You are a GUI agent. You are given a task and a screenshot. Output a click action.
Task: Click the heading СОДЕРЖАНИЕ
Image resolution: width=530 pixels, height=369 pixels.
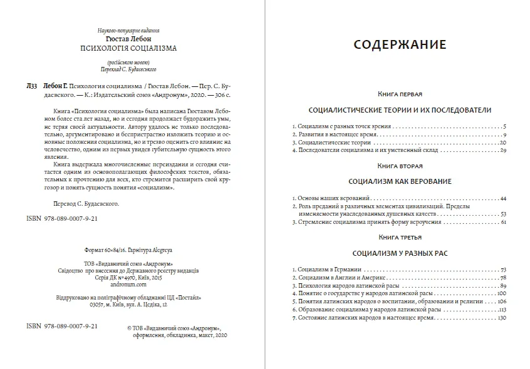[400, 44]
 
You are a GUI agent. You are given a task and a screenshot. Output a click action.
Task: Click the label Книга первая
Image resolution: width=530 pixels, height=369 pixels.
[400, 94]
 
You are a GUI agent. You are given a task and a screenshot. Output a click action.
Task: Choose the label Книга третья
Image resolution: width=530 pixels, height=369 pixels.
[400, 238]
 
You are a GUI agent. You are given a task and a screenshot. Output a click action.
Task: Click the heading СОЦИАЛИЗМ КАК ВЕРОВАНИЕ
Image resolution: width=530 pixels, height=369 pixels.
[400, 181]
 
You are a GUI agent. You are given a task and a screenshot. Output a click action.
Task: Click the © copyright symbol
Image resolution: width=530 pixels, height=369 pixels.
[128, 326]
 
